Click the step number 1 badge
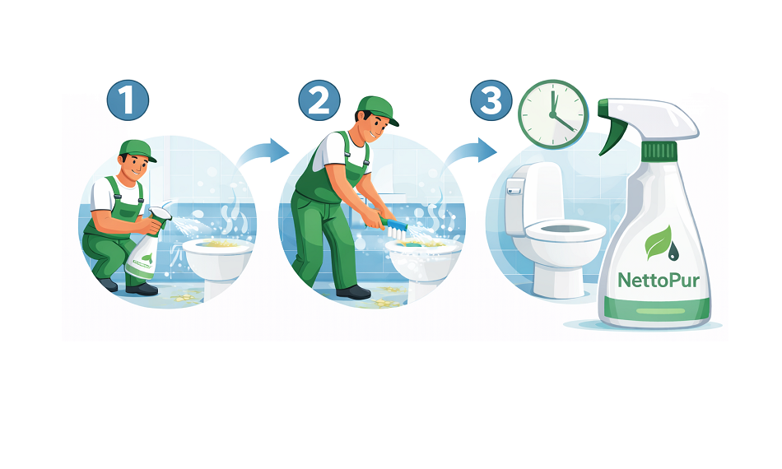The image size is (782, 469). pos(128,100)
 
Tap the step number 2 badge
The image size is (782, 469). pos(319,100)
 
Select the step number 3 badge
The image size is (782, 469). pos(491,100)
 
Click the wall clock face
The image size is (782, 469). pos(553,114)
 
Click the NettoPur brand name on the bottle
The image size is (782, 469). pos(659,280)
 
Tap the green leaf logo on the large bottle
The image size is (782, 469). pos(658,242)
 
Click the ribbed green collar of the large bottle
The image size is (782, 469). pos(659,151)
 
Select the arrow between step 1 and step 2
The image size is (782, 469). pos(263,152)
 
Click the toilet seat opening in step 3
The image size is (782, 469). pos(566,230)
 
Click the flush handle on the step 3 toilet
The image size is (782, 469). pos(514,188)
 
